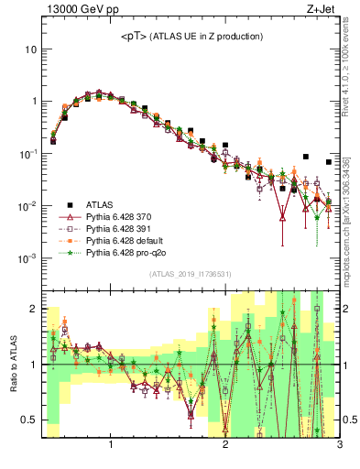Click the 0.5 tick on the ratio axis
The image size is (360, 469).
(x=28, y=420)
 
